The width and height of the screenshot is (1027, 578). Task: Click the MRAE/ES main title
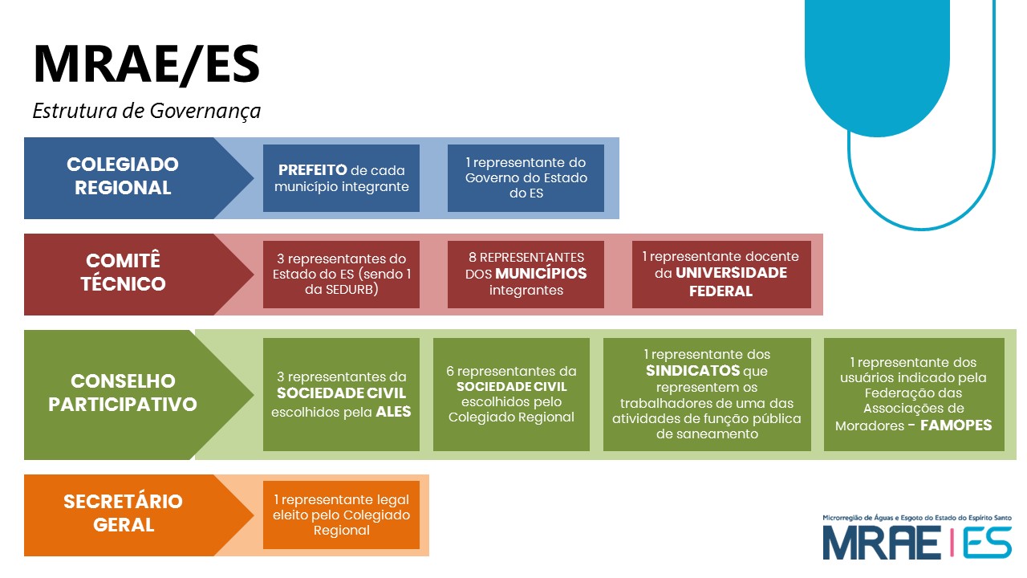click(146, 64)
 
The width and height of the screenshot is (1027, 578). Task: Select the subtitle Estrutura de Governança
click(146, 111)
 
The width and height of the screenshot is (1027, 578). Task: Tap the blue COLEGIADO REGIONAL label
click(123, 177)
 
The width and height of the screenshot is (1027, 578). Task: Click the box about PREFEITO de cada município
click(341, 178)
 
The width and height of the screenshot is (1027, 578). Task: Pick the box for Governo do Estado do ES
click(526, 178)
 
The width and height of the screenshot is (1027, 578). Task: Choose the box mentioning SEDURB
click(341, 275)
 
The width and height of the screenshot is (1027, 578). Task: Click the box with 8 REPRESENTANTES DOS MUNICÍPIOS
click(526, 275)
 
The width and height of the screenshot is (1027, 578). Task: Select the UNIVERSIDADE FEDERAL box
click(721, 275)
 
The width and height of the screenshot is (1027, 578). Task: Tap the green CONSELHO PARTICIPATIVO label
click(123, 393)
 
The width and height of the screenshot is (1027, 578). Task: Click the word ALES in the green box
click(394, 412)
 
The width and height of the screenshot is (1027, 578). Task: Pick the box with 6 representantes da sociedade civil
click(511, 394)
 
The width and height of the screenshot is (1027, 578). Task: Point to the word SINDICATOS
click(693, 371)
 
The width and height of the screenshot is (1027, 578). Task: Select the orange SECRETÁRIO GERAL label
click(123, 513)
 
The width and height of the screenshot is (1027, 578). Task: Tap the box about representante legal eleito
click(341, 515)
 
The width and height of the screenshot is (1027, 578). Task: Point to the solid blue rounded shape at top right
click(876, 64)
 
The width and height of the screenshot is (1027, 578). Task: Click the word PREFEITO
click(312, 170)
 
